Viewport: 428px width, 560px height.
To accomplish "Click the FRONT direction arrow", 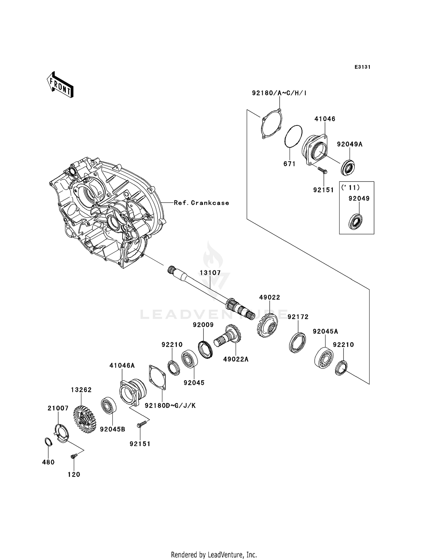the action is [x=60, y=85].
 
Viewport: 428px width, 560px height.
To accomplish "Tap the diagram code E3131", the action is [x=362, y=67].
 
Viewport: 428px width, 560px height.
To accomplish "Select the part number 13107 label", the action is [x=210, y=273].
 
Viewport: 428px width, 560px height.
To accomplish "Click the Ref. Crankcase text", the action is [x=201, y=203].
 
